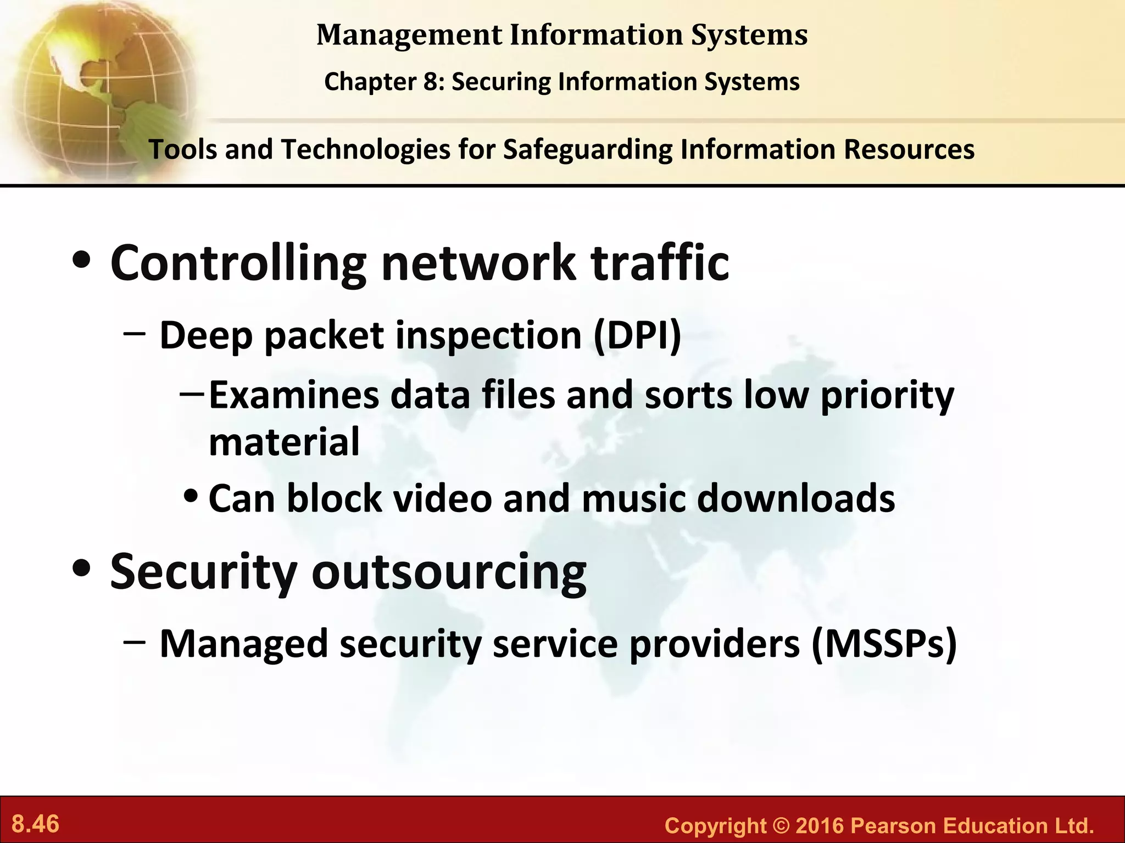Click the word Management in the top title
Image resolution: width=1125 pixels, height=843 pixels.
point(409,35)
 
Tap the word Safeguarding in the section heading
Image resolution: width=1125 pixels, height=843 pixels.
point(587,149)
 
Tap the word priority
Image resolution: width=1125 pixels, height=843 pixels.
point(887,396)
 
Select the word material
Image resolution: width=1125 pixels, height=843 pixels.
point(284,442)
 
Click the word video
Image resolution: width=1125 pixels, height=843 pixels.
point(442,498)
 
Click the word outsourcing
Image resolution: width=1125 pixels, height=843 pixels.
point(449,572)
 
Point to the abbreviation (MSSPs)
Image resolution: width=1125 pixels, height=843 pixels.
point(884,643)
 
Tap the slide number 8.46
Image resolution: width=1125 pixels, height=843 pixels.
point(36,824)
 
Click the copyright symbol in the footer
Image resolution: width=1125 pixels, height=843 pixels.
point(779,825)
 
